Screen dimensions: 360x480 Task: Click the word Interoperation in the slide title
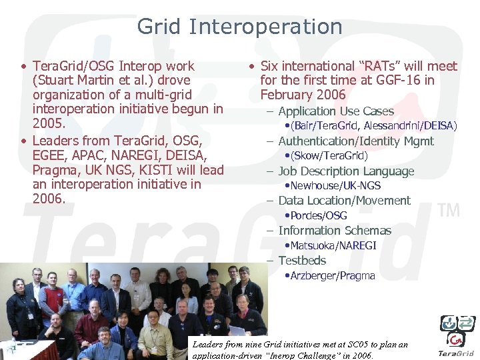pyautogui.click(x=265, y=27)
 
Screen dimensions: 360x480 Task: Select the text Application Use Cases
pyautogui.click(x=335, y=111)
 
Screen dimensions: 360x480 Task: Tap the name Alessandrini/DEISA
pyautogui.click(x=410, y=126)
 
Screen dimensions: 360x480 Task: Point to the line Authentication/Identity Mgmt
pyautogui.click(x=355, y=141)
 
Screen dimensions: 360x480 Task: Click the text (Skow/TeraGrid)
pyautogui.click(x=329, y=156)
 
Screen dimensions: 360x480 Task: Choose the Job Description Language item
pyautogui.click(x=345, y=171)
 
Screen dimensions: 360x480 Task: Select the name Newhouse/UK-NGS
pyautogui.click(x=335, y=186)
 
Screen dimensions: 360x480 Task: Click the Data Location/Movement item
pyautogui.click(x=344, y=201)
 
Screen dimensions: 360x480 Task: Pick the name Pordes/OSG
pyautogui.click(x=319, y=216)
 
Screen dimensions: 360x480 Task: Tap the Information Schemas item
pyautogui.click(x=335, y=231)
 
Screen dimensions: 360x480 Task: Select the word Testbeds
pyautogui.click(x=302, y=261)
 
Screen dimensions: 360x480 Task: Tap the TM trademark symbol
pyautogui.click(x=449, y=211)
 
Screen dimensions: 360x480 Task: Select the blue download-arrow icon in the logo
pyautogui.click(x=449, y=323)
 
